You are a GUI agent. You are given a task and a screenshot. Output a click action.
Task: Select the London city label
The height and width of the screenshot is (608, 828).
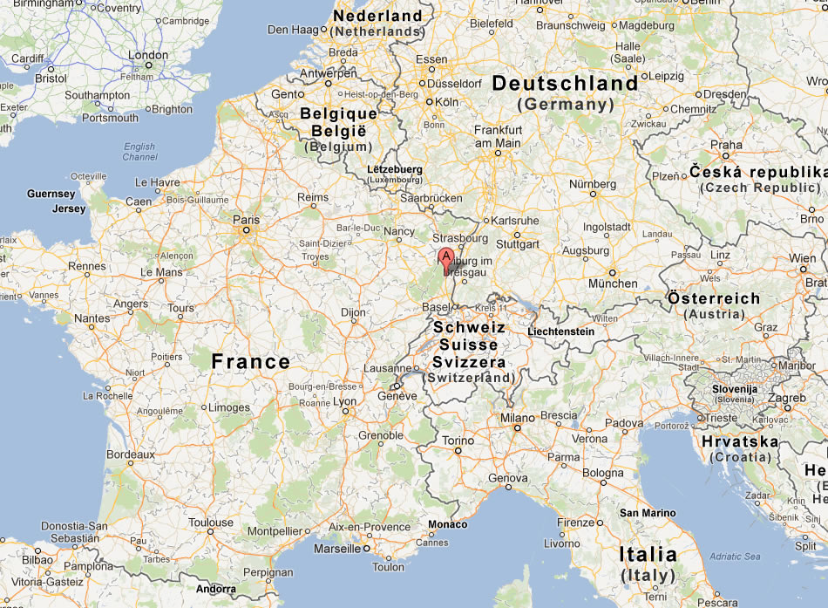pos(148,55)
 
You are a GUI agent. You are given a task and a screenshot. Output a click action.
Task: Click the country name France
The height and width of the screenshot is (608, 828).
pos(251,361)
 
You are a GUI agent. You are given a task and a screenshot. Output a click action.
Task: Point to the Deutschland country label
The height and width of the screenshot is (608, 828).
pos(565,84)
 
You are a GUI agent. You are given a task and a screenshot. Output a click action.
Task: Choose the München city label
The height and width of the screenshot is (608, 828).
pos(613,284)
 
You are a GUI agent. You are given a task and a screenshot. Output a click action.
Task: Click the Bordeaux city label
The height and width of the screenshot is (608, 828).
pos(131,454)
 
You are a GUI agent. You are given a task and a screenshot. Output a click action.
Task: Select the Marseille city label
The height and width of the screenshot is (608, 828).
pos(336,549)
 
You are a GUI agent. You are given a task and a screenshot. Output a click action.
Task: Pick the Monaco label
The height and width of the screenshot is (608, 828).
pos(448,524)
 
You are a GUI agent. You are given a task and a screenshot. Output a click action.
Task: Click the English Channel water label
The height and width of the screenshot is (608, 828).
pos(139,152)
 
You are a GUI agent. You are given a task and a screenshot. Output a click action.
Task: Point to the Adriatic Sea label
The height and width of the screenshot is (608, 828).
pos(735,557)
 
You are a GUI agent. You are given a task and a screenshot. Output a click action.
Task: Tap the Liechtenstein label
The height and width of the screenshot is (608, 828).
pos(561,331)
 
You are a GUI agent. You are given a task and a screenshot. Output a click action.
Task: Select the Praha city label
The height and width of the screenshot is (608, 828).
pos(726,146)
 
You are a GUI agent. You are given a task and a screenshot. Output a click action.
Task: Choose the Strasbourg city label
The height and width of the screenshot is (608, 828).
pos(459,238)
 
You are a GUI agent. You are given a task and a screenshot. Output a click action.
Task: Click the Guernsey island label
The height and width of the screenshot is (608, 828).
pos(52,194)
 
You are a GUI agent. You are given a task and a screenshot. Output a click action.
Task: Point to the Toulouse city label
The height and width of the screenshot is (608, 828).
pos(212,523)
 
